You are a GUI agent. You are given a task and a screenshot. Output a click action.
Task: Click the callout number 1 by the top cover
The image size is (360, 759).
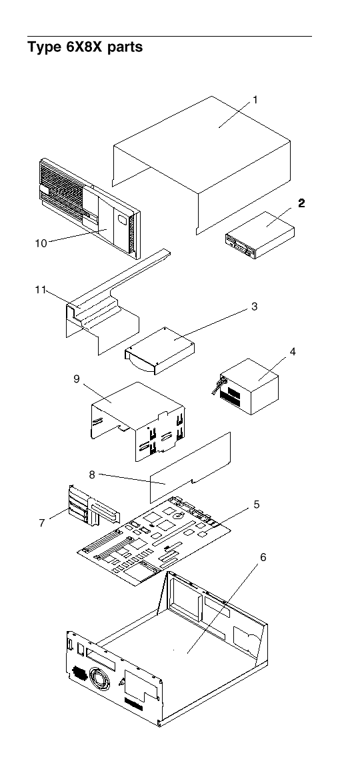pos(255,100)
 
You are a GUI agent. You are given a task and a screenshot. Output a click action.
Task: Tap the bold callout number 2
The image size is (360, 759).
pos(301,203)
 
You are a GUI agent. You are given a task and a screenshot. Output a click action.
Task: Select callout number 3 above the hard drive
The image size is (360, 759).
pos(255,307)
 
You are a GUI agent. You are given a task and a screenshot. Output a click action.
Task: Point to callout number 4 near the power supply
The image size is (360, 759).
pos(293,352)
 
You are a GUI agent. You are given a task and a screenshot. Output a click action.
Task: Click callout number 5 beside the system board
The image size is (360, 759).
pos(256,504)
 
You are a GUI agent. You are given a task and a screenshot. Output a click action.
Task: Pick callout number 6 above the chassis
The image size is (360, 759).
pos(263,558)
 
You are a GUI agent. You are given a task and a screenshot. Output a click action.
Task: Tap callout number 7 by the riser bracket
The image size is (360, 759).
pos(42,523)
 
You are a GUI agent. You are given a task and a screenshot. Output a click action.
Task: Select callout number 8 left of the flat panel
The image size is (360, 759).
pos(92,475)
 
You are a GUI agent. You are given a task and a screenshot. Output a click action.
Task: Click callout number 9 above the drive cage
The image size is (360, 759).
pos(77,379)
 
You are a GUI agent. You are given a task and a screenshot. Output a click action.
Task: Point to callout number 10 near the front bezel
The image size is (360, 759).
pos(41,243)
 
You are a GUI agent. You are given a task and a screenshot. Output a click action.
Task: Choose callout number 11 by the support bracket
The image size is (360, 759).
pos(40,290)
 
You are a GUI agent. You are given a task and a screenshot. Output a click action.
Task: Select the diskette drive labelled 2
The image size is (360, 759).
pos(260,235)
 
